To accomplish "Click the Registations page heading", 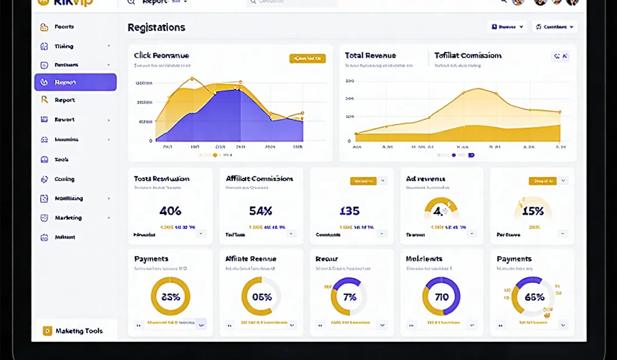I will tap(156, 28).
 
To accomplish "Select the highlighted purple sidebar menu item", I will tap(76, 82).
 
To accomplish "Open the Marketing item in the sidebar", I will tap(68, 218).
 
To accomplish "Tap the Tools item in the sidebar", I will tap(62, 159).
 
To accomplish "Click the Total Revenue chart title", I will tap(370, 56).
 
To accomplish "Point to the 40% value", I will tap(170, 211).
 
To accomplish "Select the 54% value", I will tap(260, 211).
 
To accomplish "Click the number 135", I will tap(350, 211).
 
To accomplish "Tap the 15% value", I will tap(533, 211).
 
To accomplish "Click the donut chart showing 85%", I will tap(170, 296).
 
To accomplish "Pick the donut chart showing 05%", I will tap(261, 296).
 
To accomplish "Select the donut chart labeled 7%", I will tap(350, 296).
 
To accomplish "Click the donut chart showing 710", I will tap(441, 296).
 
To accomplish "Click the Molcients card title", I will tap(424, 259).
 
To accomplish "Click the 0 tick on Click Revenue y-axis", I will tap(151, 140).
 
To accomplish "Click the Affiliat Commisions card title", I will tap(260, 179).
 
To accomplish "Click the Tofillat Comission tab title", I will tap(467, 56).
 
